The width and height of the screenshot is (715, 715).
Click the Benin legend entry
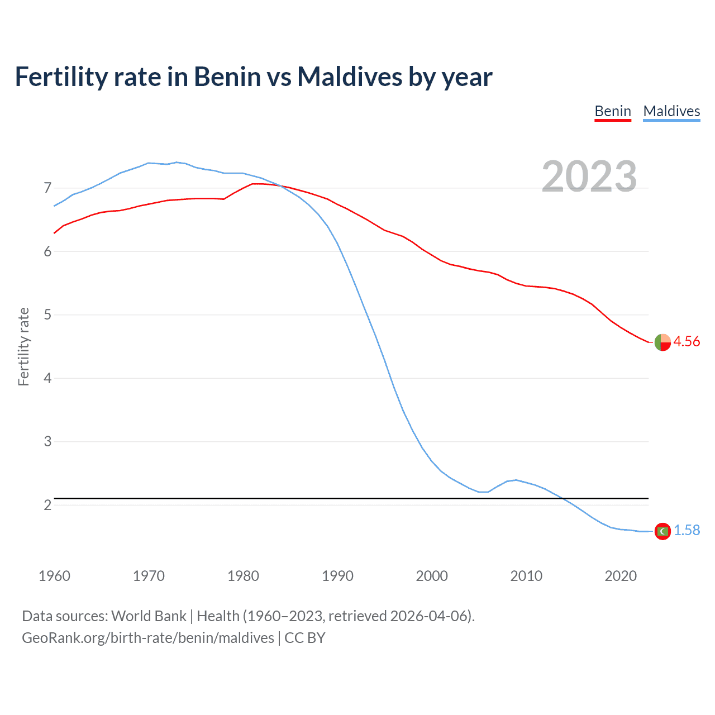613,111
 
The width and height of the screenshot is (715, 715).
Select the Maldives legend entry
671,111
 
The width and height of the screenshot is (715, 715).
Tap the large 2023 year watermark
589,177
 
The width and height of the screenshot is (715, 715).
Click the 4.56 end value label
687,341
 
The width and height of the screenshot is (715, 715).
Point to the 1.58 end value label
687,530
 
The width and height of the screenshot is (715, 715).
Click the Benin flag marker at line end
662,342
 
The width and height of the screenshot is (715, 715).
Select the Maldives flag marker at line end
662,531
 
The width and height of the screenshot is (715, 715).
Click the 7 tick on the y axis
47,188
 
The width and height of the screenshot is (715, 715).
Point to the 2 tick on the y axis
47,505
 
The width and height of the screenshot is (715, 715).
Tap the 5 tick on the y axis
47,314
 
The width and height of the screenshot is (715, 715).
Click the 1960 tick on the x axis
54,576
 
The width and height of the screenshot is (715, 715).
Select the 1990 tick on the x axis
337,576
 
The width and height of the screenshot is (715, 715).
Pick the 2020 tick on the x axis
621,576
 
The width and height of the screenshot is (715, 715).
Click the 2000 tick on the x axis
432,576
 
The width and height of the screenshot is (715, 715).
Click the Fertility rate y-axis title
23,346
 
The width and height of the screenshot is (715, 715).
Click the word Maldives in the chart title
349,77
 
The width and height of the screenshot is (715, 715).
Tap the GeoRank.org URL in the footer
148,638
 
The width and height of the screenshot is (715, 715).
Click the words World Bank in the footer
149,616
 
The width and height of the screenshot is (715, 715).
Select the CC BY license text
305,638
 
